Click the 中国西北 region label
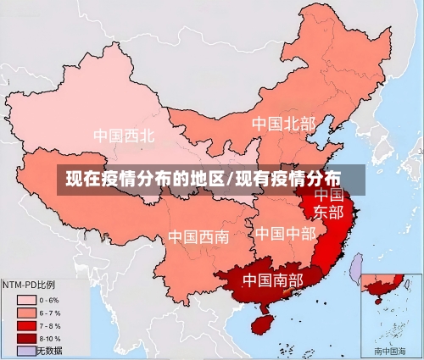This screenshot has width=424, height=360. click(124, 135)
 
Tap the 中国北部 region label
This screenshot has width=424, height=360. click(283, 124)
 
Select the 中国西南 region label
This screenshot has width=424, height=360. click(198, 236)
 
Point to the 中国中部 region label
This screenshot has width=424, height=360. click(285, 232)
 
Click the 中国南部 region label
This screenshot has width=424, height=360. click(273, 279)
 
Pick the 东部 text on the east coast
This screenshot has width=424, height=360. click(329, 212)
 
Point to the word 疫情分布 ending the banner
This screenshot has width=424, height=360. click(309, 180)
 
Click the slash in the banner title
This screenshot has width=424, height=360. click(230, 180)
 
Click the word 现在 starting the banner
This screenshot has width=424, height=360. click(83, 180)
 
